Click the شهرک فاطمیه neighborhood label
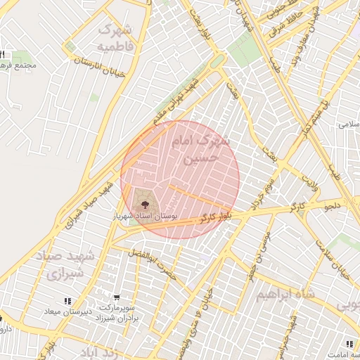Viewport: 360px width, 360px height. tap(115, 38)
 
